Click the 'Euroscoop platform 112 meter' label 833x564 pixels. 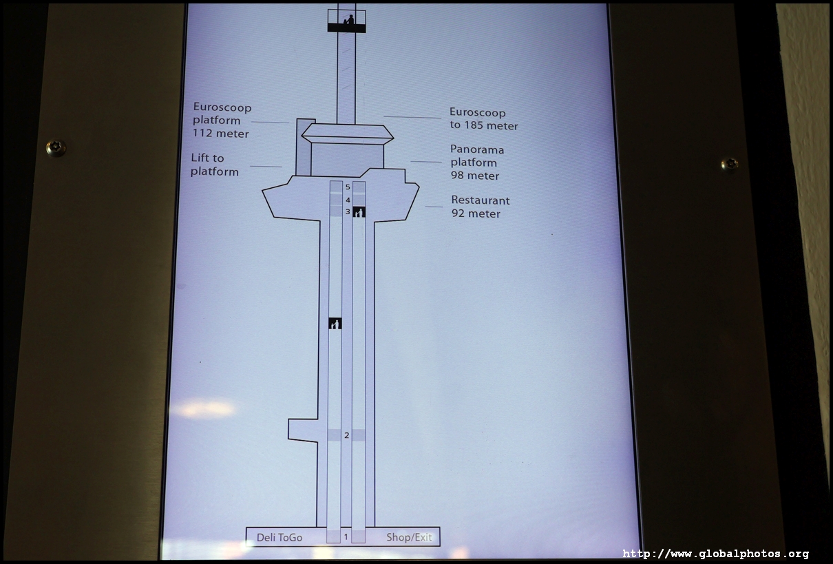coord(222,121)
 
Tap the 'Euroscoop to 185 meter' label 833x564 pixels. coord(483,118)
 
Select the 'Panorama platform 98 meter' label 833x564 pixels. coord(477,163)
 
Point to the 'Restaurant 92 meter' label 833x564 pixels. coord(480,207)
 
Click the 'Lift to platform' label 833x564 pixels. coord(215,165)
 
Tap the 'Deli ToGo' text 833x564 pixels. coord(280,538)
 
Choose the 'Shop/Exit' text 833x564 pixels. coord(409,537)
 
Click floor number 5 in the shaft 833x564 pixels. coord(348,187)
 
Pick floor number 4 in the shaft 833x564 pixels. coord(348,200)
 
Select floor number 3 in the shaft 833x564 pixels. coord(348,211)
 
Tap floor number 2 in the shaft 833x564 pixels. coord(346,435)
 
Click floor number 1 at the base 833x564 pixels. coord(346,537)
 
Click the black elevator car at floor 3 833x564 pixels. coord(359,212)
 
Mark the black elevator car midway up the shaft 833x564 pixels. coord(335,323)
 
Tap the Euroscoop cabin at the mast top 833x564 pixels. coord(346,21)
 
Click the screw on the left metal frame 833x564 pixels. coord(56,148)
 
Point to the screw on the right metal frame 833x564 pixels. coord(730,165)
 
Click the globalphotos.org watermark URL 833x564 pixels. coord(716,554)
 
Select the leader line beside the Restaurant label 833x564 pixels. coord(434,207)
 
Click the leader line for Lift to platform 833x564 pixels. coord(266,166)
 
